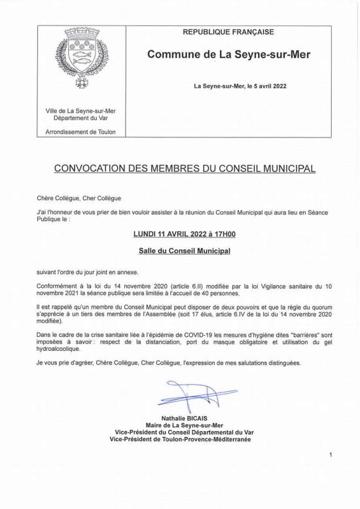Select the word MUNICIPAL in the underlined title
283,168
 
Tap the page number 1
332,455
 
